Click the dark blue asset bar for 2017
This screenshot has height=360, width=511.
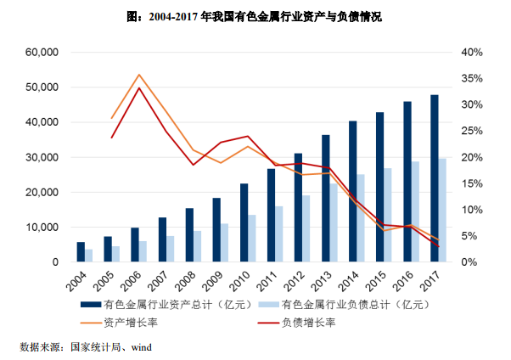[x=435, y=178]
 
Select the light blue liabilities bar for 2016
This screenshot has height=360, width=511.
[x=416, y=211]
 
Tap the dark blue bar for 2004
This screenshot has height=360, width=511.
[x=81, y=252]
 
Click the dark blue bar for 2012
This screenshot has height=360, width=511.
[x=298, y=207]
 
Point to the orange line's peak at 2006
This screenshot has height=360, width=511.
[x=139, y=75]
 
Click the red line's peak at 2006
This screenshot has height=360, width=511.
[x=139, y=88]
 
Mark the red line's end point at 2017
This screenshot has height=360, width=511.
[x=438, y=246]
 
